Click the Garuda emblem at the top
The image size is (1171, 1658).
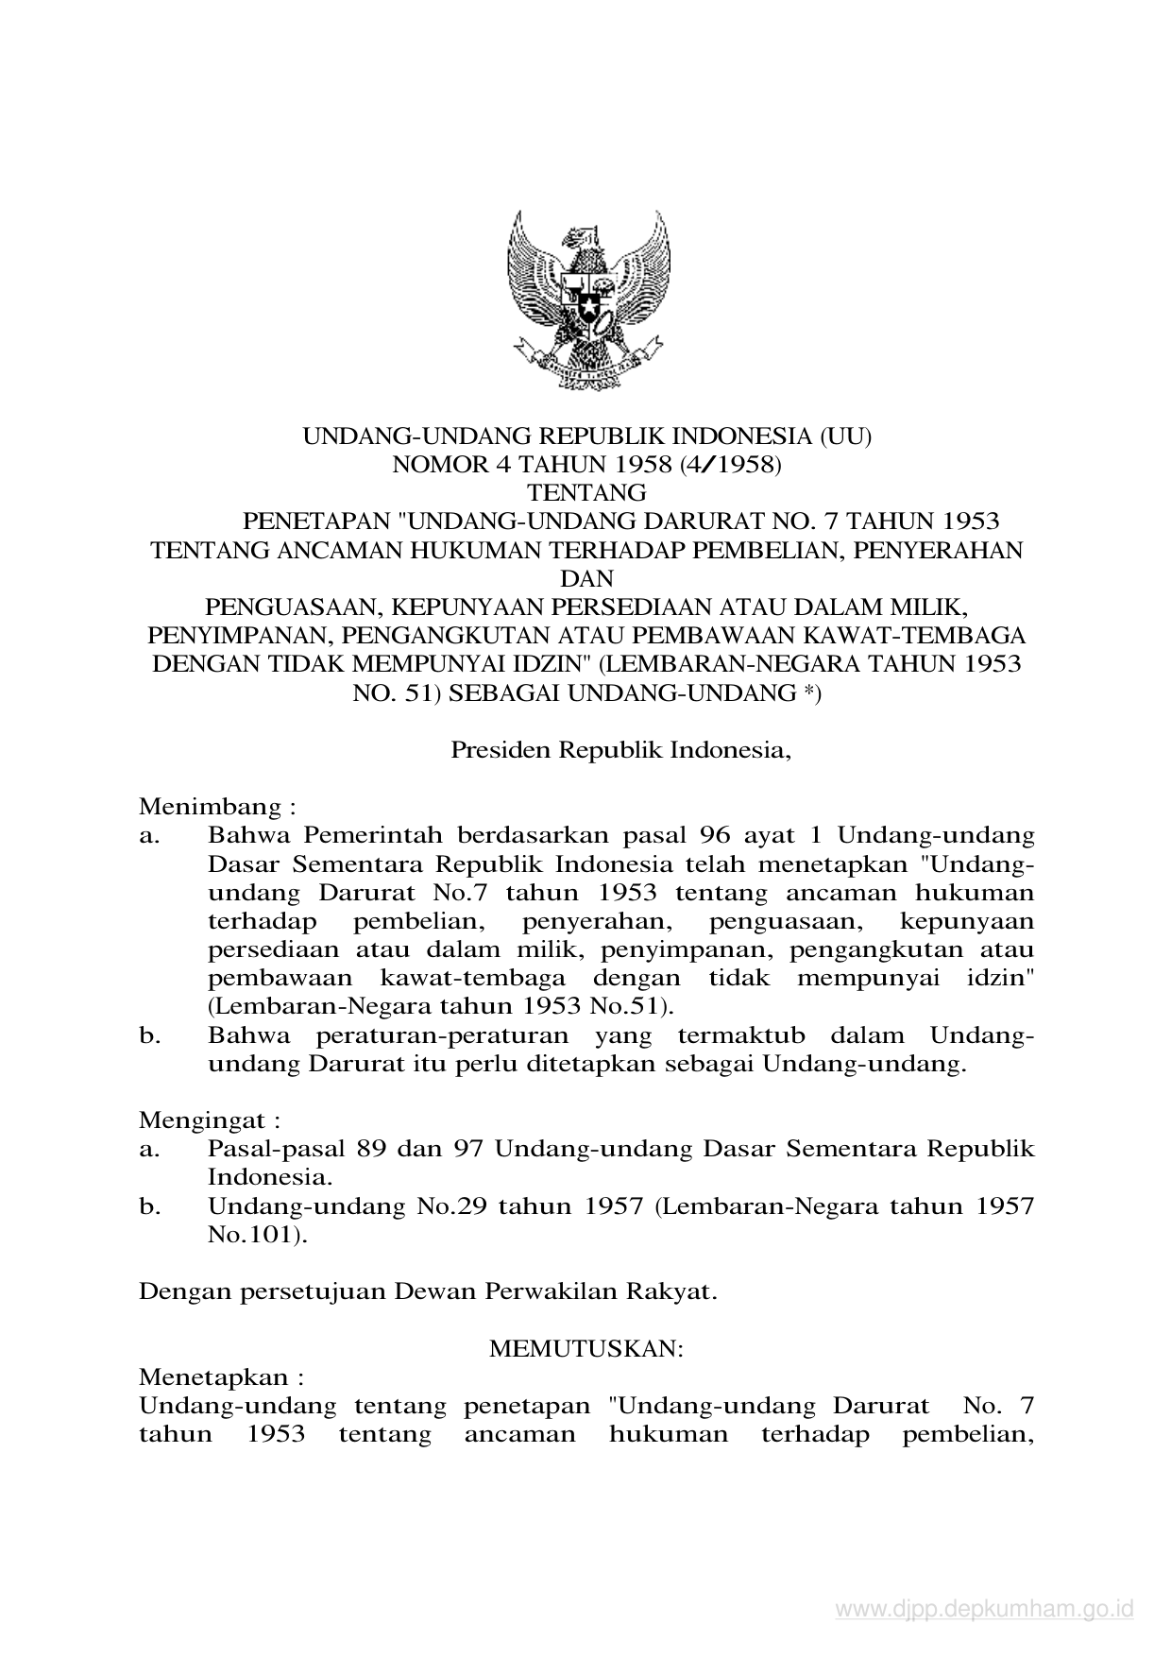click(587, 299)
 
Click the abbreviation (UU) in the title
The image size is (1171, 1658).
click(845, 436)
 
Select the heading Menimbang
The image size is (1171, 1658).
click(212, 807)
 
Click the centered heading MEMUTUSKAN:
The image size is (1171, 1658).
click(586, 1348)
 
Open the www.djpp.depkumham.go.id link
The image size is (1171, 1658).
click(984, 1610)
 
